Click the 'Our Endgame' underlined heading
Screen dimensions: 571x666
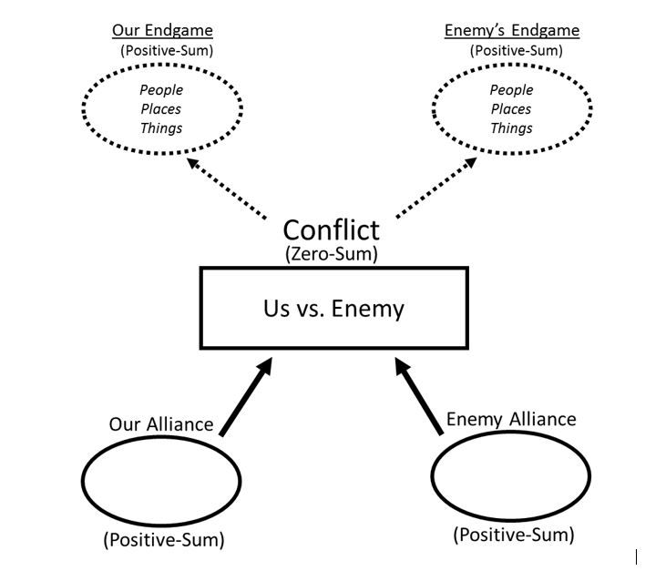[161, 30]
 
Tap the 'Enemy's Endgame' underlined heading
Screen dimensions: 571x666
[511, 30]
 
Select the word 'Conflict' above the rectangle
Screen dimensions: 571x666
[331, 229]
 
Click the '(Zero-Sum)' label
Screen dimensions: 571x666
[331, 254]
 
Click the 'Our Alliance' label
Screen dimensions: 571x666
[161, 423]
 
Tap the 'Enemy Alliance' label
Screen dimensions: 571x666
[510, 419]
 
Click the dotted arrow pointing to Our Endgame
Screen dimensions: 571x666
[226, 188]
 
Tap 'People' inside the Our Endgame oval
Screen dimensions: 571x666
[161, 90]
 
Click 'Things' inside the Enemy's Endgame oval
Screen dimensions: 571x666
[511, 128]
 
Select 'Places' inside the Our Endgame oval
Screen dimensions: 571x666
[161, 109]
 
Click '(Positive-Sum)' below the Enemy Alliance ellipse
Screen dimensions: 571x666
[514, 535]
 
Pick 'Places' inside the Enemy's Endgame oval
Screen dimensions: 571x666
[511, 109]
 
